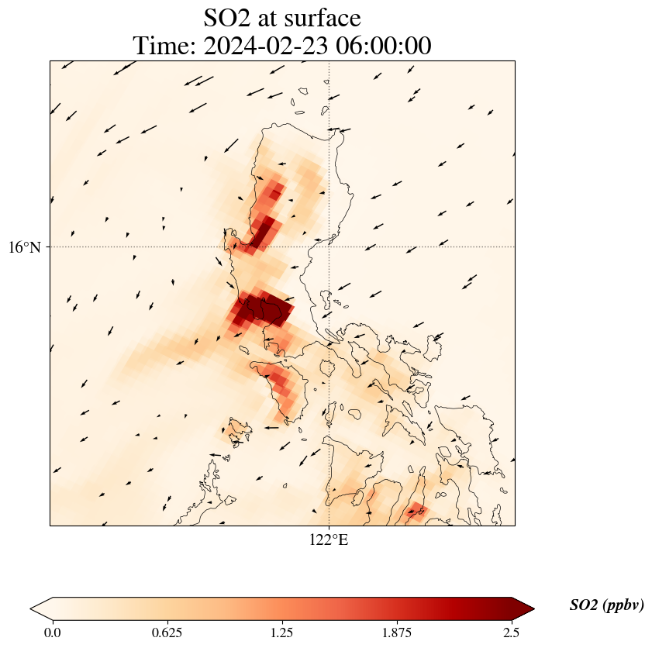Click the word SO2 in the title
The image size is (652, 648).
point(228,17)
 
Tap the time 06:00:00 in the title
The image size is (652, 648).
point(385,47)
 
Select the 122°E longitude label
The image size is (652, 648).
point(329,540)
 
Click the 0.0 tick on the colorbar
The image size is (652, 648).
point(53,632)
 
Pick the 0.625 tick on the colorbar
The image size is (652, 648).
point(167,632)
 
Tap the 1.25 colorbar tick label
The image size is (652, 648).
point(281,632)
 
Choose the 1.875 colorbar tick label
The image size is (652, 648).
point(397,632)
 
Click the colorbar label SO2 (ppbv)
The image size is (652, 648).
point(606,605)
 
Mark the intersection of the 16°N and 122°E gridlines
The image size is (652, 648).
point(329,247)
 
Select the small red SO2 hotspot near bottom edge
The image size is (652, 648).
point(416,510)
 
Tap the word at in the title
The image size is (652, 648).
point(272,17)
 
